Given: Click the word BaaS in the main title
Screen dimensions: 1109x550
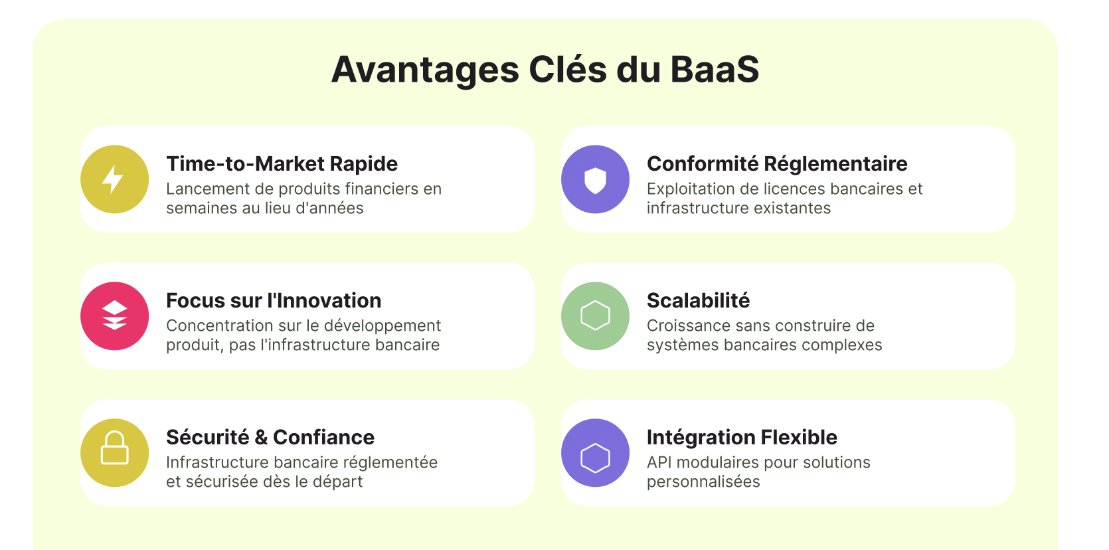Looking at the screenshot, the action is [x=715, y=69].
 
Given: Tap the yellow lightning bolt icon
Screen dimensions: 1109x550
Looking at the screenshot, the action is [x=114, y=179].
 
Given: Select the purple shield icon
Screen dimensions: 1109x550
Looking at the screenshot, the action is [x=595, y=179].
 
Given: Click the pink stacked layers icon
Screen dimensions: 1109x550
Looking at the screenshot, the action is [x=114, y=316].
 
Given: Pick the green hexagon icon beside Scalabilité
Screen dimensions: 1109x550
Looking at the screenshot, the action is [x=595, y=316].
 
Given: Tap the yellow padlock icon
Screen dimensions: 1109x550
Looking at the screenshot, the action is [x=114, y=453].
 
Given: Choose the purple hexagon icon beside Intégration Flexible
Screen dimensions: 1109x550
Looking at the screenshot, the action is [x=595, y=453].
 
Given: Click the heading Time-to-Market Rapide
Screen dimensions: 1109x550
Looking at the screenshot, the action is [x=282, y=164].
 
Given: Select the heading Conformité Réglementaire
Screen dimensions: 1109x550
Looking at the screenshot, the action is [x=777, y=164].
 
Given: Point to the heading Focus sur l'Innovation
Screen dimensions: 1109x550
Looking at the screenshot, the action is [x=274, y=300].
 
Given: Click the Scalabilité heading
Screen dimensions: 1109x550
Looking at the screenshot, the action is [x=698, y=300].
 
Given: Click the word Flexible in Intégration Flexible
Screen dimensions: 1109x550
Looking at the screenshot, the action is [x=799, y=438].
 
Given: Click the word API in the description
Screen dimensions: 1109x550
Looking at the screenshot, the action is [x=659, y=462].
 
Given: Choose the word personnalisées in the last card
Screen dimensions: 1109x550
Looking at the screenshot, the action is [x=703, y=482].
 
